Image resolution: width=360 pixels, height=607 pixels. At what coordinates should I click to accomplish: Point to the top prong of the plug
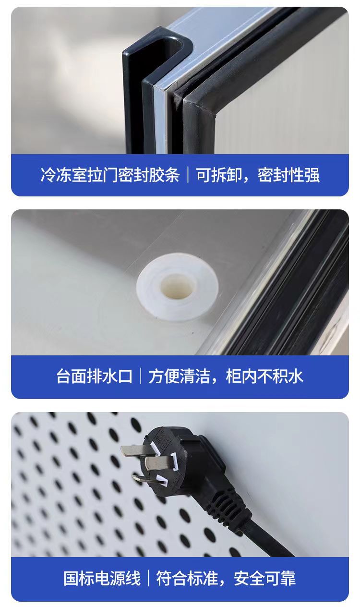tap(134, 450)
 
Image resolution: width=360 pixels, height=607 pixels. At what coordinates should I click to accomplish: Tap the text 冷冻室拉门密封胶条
tap(109, 175)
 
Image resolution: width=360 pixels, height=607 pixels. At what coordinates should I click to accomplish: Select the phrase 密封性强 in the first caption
tap(288, 175)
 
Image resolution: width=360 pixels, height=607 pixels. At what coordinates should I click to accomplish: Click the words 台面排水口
tap(94, 376)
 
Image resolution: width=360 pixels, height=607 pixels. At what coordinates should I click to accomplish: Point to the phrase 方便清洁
tap(179, 376)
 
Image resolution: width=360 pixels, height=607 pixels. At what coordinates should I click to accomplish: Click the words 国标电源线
tap(102, 578)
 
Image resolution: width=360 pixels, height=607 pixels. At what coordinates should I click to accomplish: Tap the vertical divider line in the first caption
tap(188, 175)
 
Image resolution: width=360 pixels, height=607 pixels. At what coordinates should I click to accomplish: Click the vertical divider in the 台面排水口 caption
tap(140, 376)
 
